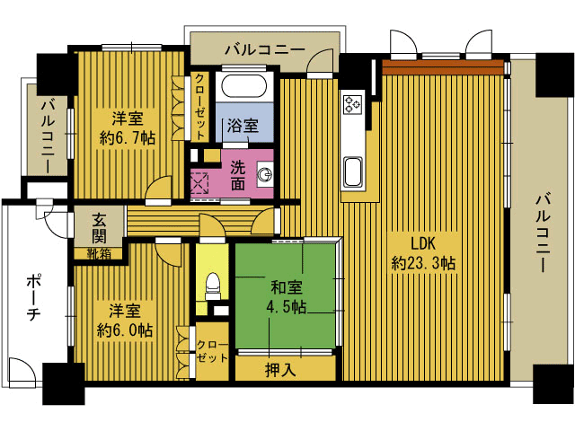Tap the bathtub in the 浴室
tap(243, 86)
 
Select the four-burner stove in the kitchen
tap(353, 103)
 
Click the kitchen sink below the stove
tap(353, 172)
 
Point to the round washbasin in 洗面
tap(265, 174)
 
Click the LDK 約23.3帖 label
tap(423, 253)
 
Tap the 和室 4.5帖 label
tap(287, 297)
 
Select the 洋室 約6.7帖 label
tap(128, 128)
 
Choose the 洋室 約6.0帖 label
tap(125, 321)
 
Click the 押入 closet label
tap(280, 370)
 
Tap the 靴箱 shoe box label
tap(99, 253)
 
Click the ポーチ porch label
tap(34, 298)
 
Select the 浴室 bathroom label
tap(243, 126)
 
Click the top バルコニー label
tap(265, 49)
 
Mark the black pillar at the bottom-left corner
tap(64, 383)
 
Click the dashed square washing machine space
tap(200, 183)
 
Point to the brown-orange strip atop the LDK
tap(443, 67)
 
